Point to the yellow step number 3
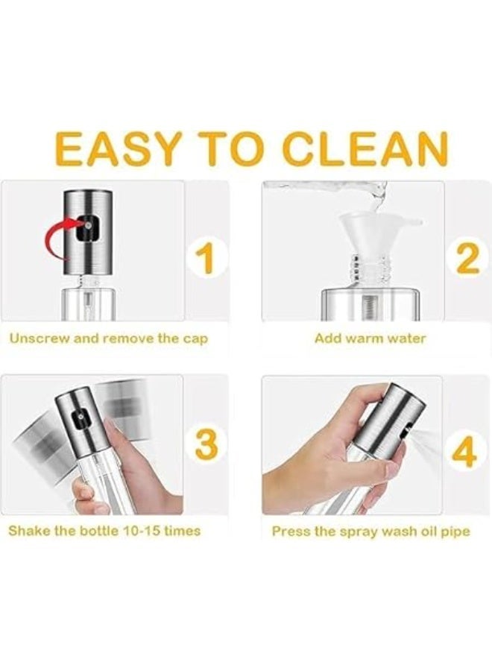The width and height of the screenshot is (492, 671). coord(207,444)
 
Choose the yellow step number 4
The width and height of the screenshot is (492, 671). coord(466,452)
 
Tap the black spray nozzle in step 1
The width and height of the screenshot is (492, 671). coord(88,227)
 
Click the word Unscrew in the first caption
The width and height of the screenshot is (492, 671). coord(39,338)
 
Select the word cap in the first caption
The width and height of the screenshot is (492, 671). coord(195,340)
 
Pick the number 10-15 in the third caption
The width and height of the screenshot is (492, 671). coord(141,531)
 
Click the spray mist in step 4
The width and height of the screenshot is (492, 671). coord(421,441)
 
